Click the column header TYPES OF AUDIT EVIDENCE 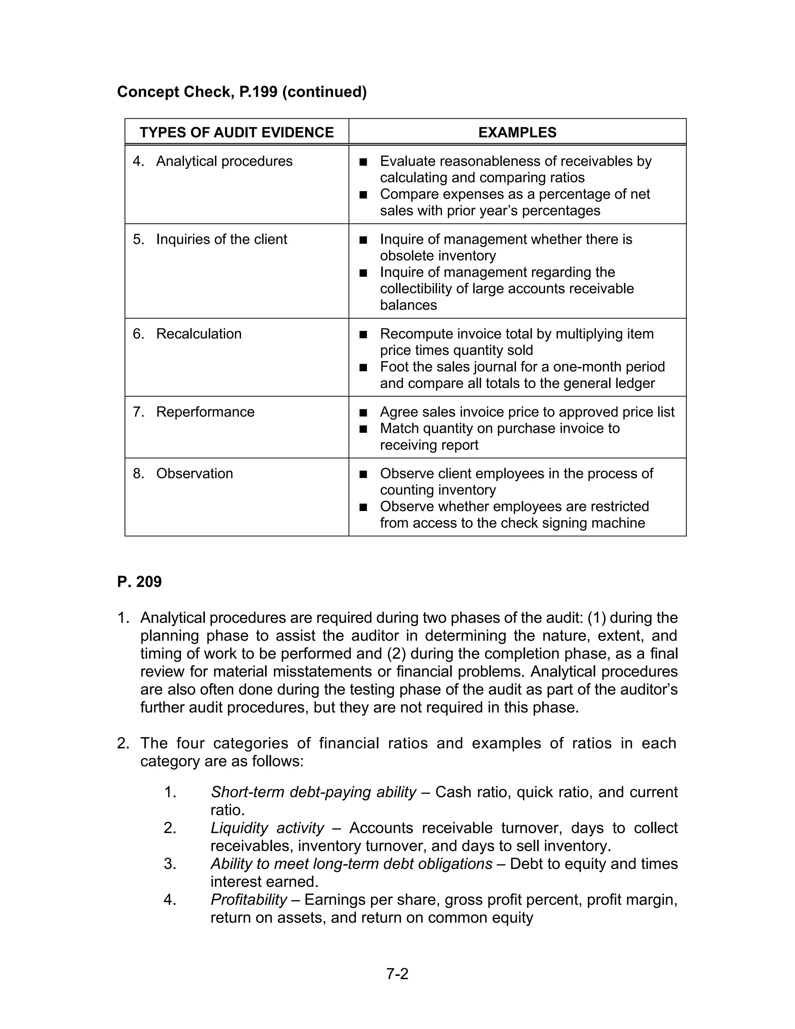tap(236, 132)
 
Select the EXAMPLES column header tap(517, 132)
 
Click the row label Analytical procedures tap(224, 161)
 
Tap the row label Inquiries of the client tap(221, 239)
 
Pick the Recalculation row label tap(199, 334)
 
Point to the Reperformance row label tap(205, 412)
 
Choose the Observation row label tap(194, 473)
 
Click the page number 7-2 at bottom tap(397, 974)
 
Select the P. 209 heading tap(139, 582)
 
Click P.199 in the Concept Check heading tap(259, 92)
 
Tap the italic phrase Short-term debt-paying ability tap(313, 792)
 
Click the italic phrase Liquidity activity tap(267, 828)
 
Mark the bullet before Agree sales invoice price tap(363, 413)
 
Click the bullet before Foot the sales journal tap(363, 367)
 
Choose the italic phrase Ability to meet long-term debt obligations tap(351, 864)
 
